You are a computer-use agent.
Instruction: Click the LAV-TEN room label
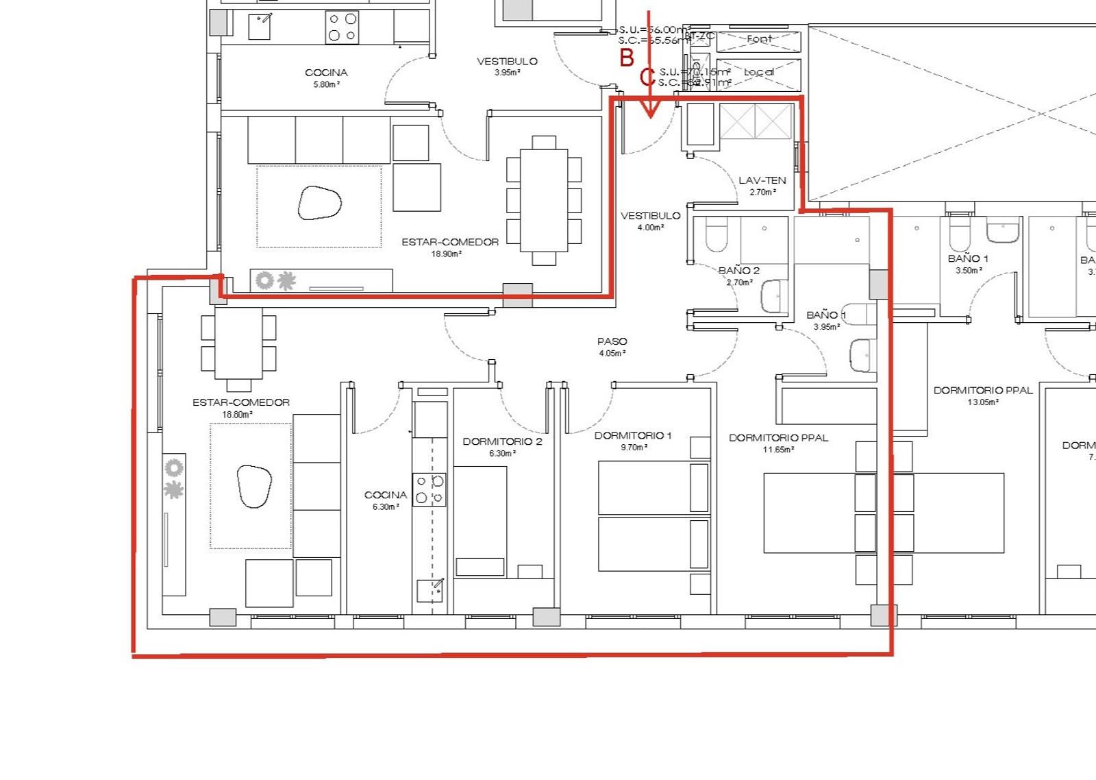pyautogui.click(x=762, y=181)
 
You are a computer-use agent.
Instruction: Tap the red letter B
pyautogui.click(x=626, y=58)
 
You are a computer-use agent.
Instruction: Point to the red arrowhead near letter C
pyautogui.click(x=650, y=110)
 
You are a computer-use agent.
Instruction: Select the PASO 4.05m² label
pyautogui.click(x=612, y=347)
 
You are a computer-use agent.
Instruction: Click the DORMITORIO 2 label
pyautogui.click(x=502, y=441)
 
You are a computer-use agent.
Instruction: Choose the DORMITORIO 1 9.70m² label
pyautogui.click(x=633, y=441)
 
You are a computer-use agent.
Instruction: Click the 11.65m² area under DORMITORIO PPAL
pyautogui.click(x=779, y=450)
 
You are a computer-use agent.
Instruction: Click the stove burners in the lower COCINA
pyautogui.click(x=429, y=489)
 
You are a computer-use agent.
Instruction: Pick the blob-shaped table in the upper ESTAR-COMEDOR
pyautogui.click(x=319, y=203)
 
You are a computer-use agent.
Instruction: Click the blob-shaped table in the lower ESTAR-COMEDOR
pyautogui.click(x=253, y=486)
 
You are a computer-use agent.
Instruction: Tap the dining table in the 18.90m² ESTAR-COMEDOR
pyautogui.click(x=544, y=200)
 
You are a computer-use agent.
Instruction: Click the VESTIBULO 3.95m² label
pyautogui.click(x=507, y=66)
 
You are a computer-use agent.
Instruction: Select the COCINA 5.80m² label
pyautogui.click(x=326, y=77)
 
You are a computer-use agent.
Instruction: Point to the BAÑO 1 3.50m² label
pyautogui.click(x=968, y=264)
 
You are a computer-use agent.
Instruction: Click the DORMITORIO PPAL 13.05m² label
pyautogui.click(x=982, y=395)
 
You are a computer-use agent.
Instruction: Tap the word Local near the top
pyautogui.click(x=759, y=72)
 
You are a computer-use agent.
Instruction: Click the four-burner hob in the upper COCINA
pyautogui.click(x=342, y=27)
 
